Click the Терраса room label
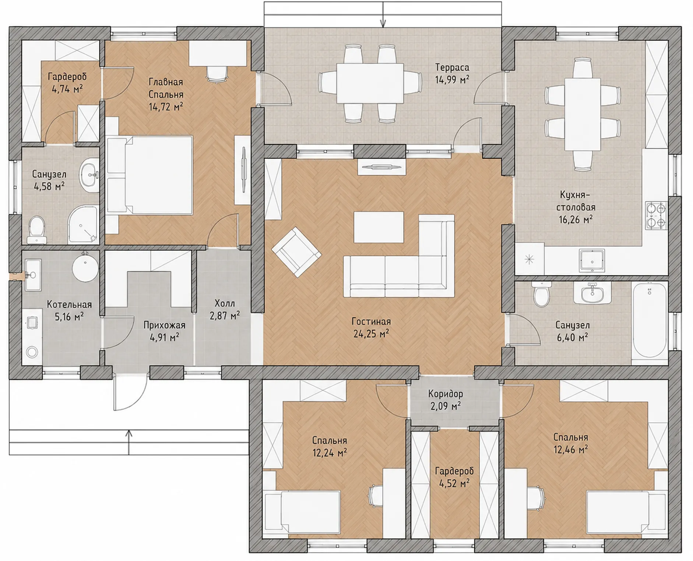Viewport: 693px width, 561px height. [452, 67]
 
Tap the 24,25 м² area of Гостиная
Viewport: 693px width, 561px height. [371, 334]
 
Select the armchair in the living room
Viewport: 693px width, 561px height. [296, 252]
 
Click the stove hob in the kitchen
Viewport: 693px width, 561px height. [657, 215]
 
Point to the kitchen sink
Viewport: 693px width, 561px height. [592, 260]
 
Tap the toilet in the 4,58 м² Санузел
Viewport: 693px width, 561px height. [36, 229]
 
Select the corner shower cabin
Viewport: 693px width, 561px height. [83, 225]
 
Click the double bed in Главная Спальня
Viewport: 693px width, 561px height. [149, 175]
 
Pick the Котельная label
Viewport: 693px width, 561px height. [69, 304]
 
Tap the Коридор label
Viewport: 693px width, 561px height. [446, 394]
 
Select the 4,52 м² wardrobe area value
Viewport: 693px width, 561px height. [454, 483]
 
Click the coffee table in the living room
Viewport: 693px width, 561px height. [379, 227]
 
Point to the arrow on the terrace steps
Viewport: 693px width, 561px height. [383, 15]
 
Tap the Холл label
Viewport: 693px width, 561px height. [225, 303]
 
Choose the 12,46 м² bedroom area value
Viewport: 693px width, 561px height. [570, 449]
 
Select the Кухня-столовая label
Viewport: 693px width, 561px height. [576, 200]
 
